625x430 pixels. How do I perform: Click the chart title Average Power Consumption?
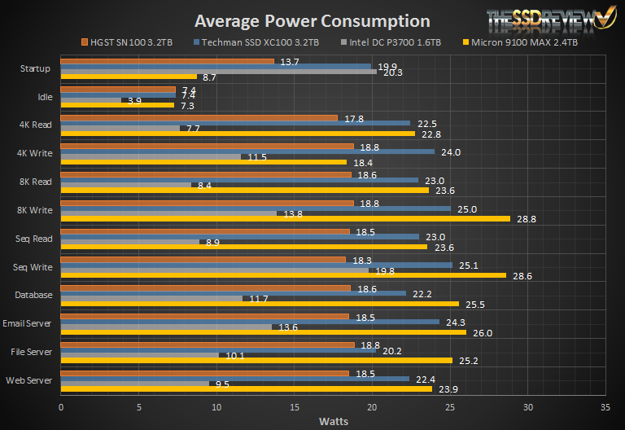click(x=312, y=21)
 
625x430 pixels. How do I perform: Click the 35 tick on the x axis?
click(x=604, y=406)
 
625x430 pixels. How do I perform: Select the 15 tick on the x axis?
click(x=294, y=406)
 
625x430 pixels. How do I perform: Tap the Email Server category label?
click(x=29, y=323)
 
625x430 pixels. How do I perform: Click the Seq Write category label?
click(x=33, y=266)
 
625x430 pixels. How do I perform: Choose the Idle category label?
click(x=45, y=97)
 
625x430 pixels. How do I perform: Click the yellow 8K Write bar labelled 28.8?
click(x=285, y=219)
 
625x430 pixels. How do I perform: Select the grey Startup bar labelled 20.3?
click(x=218, y=72)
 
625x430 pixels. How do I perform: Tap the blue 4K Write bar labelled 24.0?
click(x=247, y=151)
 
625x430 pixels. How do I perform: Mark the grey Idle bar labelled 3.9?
click(x=90, y=100)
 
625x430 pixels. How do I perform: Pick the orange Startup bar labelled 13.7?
click(x=167, y=61)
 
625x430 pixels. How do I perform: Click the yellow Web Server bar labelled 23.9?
click(x=246, y=389)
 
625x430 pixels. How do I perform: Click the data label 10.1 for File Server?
click(x=234, y=355)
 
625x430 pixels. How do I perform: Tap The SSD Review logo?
click(x=550, y=24)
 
